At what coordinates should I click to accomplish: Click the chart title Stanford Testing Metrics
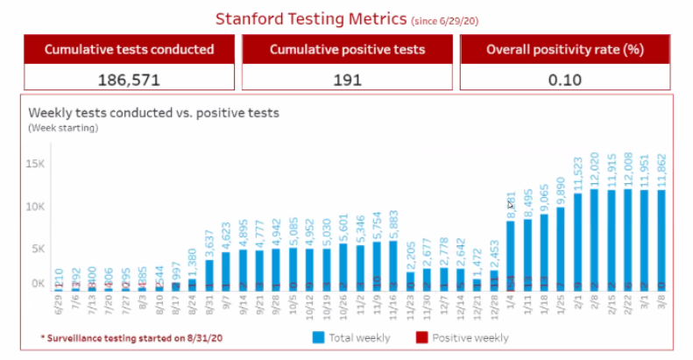pyautogui.click(x=311, y=18)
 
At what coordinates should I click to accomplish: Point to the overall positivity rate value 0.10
pyautogui.click(x=566, y=78)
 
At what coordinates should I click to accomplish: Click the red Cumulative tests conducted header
pyautogui.click(x=129, y=49)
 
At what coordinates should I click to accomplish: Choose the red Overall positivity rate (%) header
pyautogui.click(x=565, y=49)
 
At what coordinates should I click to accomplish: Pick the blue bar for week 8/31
pyautogui.click(x=209, y=274)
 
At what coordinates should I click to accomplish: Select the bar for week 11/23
pyautogui.click(x=410, y=280)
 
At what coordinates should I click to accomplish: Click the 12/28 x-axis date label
pyautogui.click(x=494, y=306)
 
